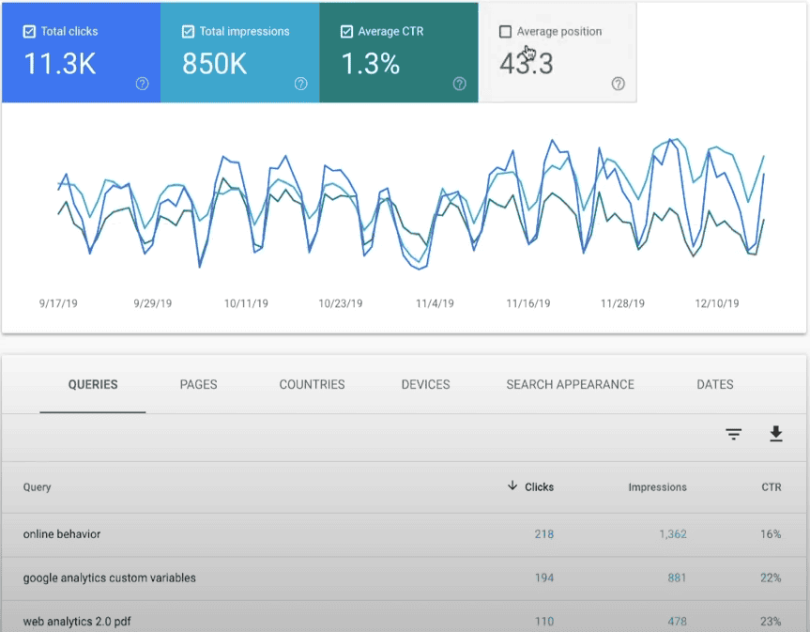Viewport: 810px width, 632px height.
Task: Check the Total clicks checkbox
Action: pyautogui.click(x=30, y=32)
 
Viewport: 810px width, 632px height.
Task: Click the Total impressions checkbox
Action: pyautogui.click(x=189, y=32)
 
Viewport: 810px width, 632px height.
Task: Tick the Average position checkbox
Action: pyautogui.click(x=506, y=32)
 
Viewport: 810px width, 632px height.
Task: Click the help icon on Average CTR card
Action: pyautogui.click(x=459, y=84)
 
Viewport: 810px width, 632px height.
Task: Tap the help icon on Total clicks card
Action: pyautogui.click(x=142, y=84)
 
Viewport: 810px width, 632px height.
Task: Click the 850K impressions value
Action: pyautogui.click(x=215, y=64)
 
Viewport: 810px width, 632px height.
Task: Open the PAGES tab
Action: pyautogui.click(x=198, y=384)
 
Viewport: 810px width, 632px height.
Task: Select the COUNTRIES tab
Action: pyautogui.click(x=312, y=384)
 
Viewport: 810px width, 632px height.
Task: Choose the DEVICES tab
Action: pyautogui.click(x=425, y=384)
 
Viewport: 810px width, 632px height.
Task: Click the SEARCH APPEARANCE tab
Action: pyautogui.click(x=570, y=384)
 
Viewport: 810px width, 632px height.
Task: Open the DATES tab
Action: pyautogui.click(x=714, y=384)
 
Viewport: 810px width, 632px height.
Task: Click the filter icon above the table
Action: pyautogui.click(x=733, y=434)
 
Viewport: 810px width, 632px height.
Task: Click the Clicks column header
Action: pyautogui.click(x=539, y=487)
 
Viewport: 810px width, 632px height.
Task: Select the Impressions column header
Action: pyautogui.click(x=657, y=487)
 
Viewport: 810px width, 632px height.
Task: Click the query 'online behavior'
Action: pyautogui.click(x=62, y=534)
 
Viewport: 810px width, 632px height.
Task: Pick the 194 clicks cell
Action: pyautogui.click(x=543, y=578)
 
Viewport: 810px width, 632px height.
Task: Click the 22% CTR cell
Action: pyautogui.click(x=771, y=578)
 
